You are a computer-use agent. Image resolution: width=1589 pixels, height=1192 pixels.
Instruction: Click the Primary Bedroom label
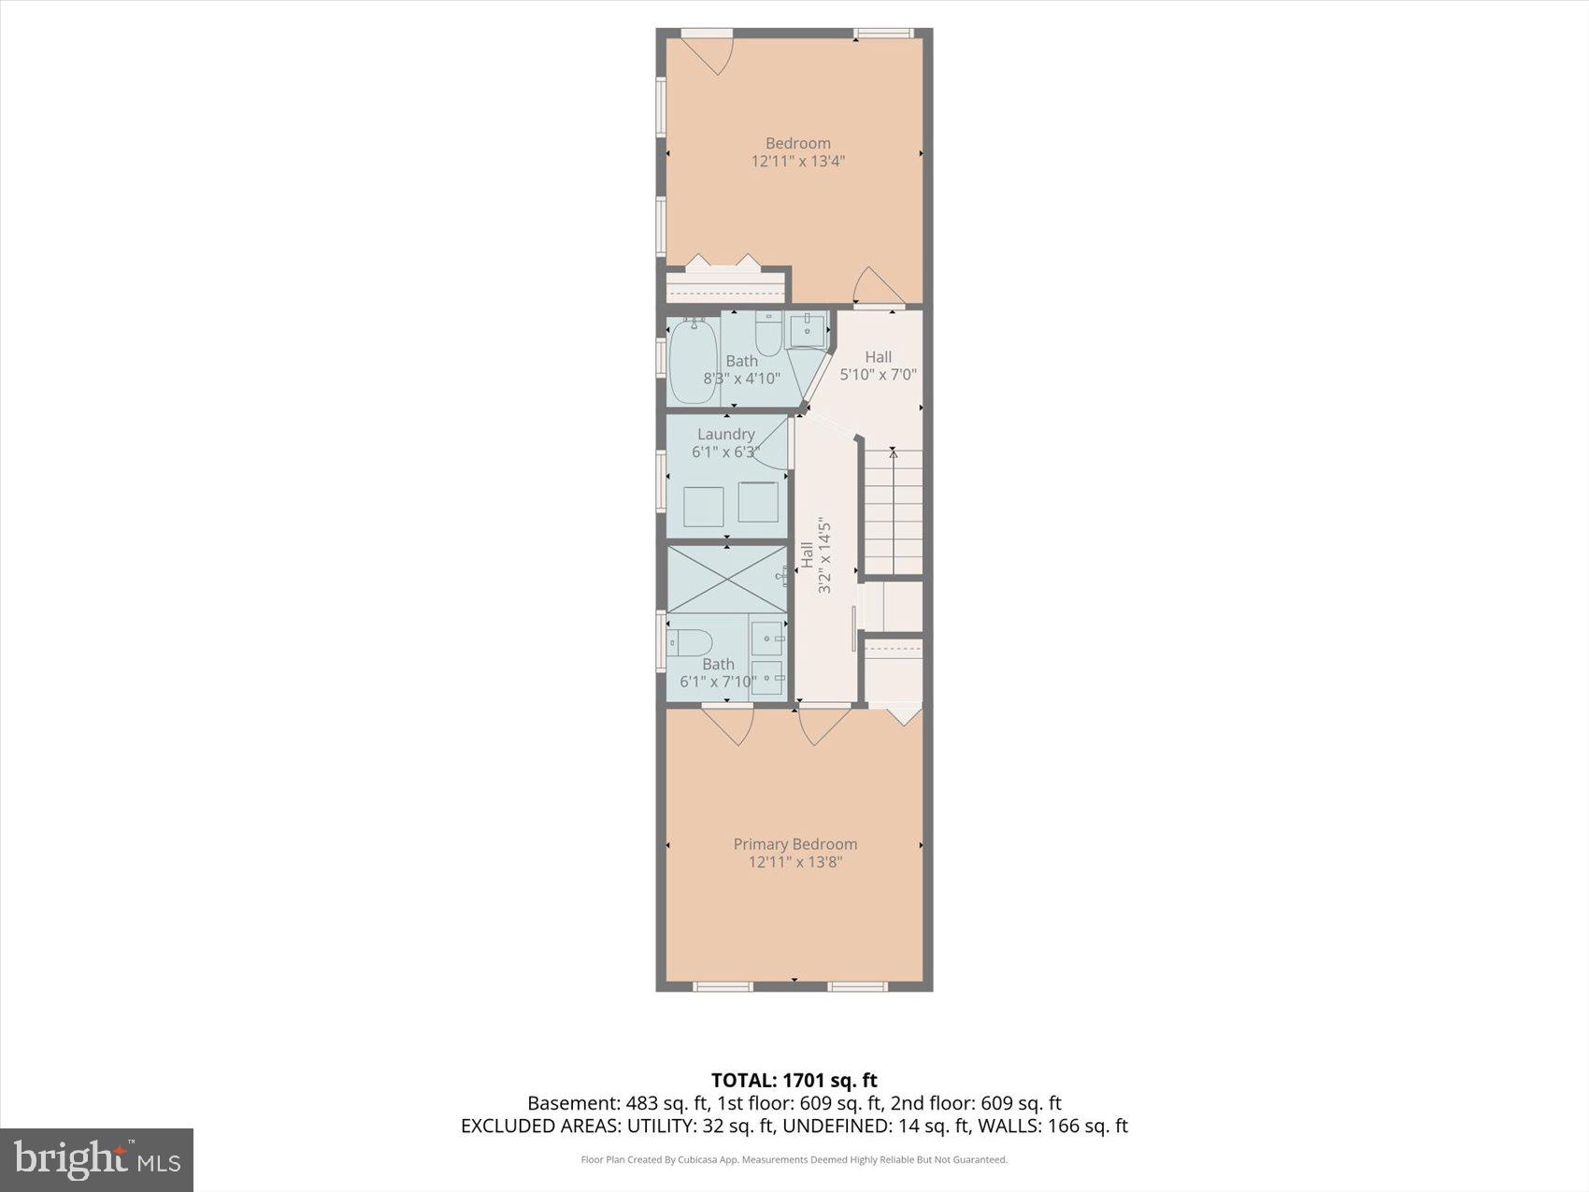click(x=794, y=844)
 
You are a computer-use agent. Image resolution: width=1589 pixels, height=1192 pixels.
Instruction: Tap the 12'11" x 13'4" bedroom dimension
click(x=797, y=161)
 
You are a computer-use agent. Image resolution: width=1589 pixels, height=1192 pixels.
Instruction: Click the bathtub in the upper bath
click(x=693, y=360)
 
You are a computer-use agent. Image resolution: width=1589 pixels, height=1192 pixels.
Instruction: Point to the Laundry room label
click(x=725, y=434)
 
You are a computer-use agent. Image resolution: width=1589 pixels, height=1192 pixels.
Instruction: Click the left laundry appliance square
click(x=703, y=506)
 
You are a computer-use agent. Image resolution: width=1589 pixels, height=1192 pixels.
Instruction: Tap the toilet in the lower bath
click(x=689, y=642)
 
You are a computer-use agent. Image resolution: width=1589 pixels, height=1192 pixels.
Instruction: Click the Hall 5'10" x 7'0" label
click(x=878, y=366)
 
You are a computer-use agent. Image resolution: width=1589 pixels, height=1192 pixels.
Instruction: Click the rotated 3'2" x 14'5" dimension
click(x=824, y=555)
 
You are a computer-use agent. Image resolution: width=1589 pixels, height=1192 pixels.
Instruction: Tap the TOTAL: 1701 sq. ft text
click(x=794, y=1081)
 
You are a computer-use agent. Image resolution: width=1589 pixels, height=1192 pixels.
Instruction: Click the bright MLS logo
click(x=97, y=1160)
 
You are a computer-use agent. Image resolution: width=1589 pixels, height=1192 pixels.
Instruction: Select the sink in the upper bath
click(x=807, y=330)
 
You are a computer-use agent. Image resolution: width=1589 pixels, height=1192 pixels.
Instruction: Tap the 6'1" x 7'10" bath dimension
click(x=718, y=682)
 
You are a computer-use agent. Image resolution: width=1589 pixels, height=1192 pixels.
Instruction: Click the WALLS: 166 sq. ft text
click(x=1052, y=1126)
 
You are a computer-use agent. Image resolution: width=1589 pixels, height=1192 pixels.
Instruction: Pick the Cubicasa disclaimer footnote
click(x=794, y=1160)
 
